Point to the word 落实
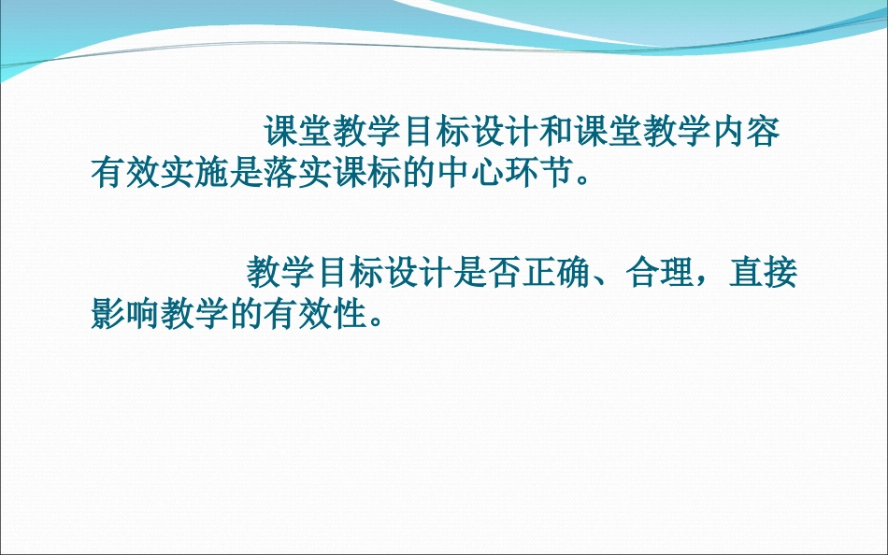tap(299, 174)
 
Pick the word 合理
tap(661, 274)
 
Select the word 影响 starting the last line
tap(124, 315)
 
